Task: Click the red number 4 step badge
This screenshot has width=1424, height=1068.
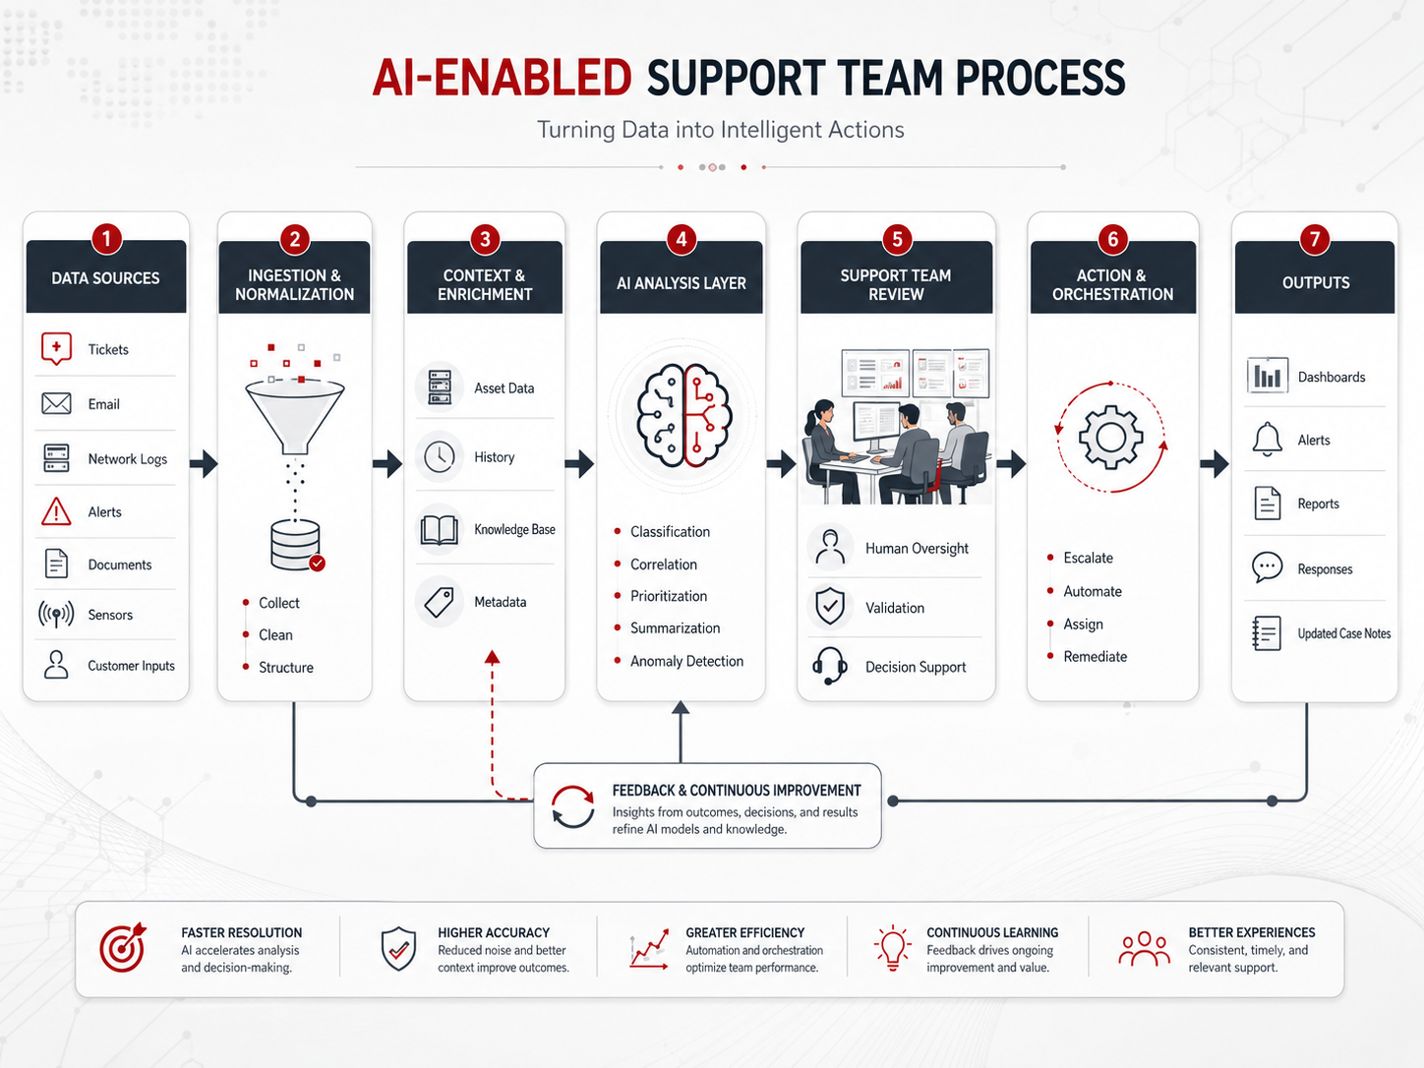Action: click(682, 239)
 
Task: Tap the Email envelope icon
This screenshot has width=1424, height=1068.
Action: click(56, 403)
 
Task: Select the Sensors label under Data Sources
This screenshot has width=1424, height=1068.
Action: click(110, 615)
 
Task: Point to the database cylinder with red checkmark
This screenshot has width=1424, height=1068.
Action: click(296, 545)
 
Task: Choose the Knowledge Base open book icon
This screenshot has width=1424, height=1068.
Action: click(440, 529)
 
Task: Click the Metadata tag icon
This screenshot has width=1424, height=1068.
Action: click(439, 602)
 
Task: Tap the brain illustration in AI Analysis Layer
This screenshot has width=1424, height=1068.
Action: click(682, 415)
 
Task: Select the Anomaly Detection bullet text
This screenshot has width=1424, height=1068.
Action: click(687, 661)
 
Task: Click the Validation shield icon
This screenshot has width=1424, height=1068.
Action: click(830, 607)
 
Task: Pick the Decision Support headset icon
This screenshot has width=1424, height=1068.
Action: click(829, 666)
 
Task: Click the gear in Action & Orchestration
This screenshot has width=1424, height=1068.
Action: click(1110, 437)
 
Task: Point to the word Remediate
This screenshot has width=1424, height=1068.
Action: click(1096, 656)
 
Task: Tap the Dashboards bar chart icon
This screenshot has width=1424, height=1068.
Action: click(1267, 376)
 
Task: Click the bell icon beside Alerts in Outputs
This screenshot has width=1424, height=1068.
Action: click(1267, 439)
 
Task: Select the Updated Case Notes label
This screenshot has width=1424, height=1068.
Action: click(1344, 633)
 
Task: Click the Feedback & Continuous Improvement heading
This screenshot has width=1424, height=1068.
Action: click(737, 791)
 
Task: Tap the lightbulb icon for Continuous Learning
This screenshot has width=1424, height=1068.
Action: click(893, 947)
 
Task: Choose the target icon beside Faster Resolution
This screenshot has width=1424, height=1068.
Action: click(123, 948)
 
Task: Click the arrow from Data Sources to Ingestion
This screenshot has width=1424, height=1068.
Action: click(204, 463)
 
